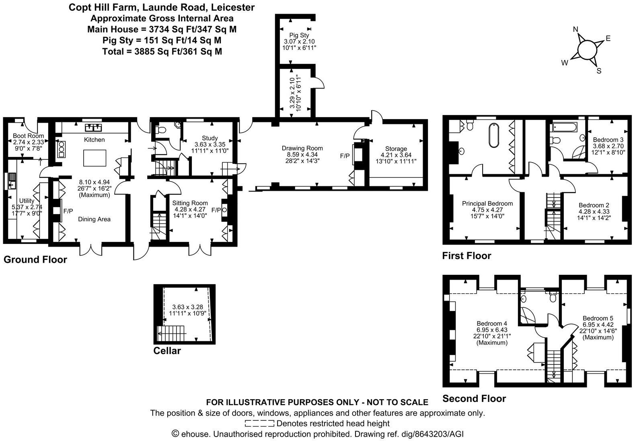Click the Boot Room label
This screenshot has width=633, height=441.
(28, 136)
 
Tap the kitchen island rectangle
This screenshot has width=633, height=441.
(95, 157)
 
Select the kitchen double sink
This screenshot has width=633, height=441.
(93, 128)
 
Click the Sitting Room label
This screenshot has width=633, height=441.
(190, 203)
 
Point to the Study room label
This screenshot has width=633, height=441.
(210, 138)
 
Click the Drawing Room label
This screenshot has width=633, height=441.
(302, 148)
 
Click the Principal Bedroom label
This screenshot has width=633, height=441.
(487, 204)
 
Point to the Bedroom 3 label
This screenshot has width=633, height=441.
(608, 140)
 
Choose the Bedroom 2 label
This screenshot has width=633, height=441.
(594, 205)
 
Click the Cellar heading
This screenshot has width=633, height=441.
(167, 351)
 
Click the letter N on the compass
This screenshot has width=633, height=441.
(575, 29)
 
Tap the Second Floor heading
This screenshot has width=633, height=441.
(474, 399)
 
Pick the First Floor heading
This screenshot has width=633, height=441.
(467, 256)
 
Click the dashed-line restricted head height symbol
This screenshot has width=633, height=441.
(259, 423)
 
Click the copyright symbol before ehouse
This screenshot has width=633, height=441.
(175, 434)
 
